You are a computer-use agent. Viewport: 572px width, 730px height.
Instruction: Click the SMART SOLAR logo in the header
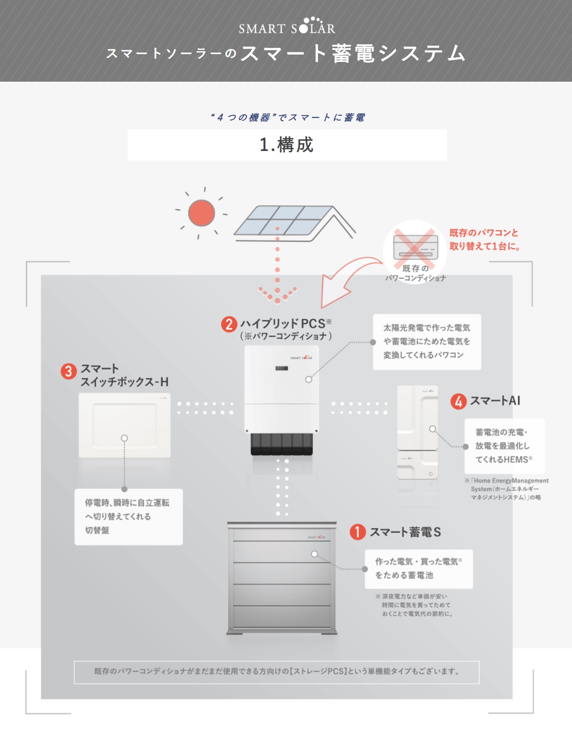[x=287, y=27]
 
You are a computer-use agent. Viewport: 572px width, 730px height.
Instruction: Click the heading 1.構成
[x=287, y=145]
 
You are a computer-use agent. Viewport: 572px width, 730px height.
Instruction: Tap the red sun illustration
[x=202, y=213]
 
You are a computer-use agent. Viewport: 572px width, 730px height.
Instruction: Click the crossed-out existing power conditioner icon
[x=415, y=248]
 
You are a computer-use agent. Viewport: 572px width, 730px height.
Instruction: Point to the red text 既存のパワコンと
[x=484, y=233]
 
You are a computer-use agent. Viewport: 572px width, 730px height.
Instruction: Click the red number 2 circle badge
[x=229, y=324]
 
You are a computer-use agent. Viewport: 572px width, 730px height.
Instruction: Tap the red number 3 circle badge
[x=68, y=371]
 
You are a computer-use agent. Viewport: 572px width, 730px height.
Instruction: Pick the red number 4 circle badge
[x=458, y=401]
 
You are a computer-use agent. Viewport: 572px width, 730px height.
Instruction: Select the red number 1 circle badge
[x=358, y=532]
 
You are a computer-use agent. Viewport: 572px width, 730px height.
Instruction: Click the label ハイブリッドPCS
[x=283, y=323]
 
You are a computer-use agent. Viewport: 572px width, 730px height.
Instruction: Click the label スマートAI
[x=495, y=401]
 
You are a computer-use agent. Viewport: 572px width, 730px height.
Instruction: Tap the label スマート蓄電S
[x=405, y=532]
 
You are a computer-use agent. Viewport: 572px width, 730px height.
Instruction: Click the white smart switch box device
[x=125, y=425]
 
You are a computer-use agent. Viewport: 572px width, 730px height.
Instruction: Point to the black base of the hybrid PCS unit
[x=281, y=444]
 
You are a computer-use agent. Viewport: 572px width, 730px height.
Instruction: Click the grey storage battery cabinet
[x=281, y=579]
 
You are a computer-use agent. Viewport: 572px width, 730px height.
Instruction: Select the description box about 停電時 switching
[x=128, y=517]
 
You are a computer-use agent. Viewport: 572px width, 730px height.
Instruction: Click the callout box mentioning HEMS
[x=504, y=446]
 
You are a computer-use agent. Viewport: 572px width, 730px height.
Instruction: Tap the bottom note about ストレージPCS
[x=277, y=672]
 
